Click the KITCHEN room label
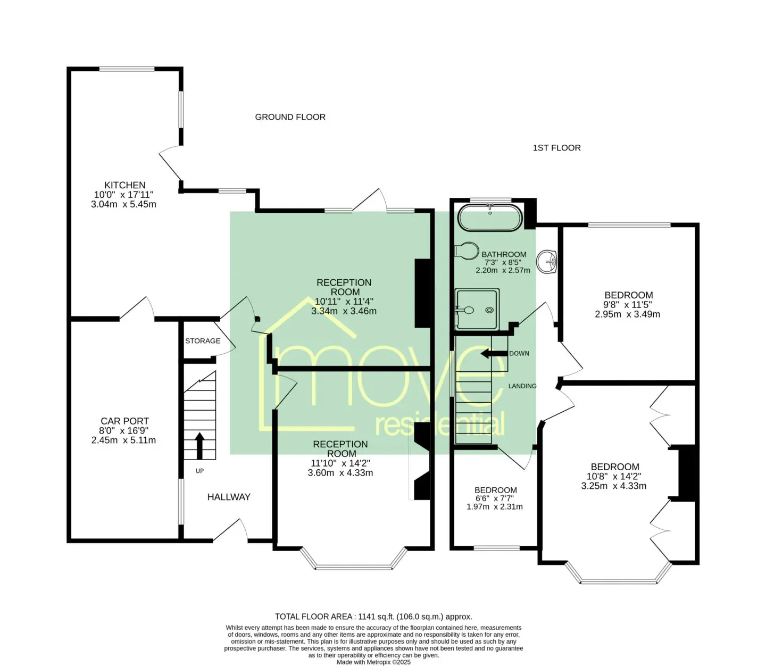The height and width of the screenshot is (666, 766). (124, 185)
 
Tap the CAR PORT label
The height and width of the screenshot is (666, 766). (124, 421)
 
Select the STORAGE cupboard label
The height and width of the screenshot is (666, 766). (203, 340)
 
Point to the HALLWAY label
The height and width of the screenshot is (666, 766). (229, 497)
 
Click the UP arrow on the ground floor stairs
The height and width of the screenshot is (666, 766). (199, 446)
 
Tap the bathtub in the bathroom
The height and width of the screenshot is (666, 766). (490, 218)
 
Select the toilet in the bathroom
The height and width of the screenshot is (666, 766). (467, 251)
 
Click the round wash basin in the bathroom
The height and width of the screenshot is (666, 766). (547, 261)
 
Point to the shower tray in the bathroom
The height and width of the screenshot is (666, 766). (477, 309)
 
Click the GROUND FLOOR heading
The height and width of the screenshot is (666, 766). (290, 117)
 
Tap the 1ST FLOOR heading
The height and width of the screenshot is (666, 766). (557, 148)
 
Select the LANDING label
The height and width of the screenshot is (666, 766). (522, 386)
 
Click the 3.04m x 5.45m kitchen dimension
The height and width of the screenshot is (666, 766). (123, 204)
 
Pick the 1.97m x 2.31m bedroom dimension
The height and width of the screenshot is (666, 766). (495, 507)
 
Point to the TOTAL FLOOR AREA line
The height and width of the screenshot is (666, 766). (373, 617)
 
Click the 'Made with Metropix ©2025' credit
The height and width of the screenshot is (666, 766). (373, 662)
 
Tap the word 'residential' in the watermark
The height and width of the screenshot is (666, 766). (440, 424)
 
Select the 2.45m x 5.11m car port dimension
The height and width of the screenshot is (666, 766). (123, 440)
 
